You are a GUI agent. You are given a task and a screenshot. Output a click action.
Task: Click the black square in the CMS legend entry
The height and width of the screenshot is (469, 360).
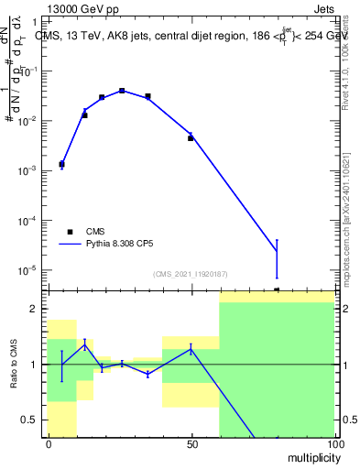(70, 232)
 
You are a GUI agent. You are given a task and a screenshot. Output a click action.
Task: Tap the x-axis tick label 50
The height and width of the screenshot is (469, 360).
(191, 443)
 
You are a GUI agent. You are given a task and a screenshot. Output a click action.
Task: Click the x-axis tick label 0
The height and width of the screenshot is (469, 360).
(48, 443)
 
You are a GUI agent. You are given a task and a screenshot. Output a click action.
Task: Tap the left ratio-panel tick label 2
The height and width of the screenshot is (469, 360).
(38, 309)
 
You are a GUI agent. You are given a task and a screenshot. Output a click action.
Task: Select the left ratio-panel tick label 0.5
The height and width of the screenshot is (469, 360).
(32, 420)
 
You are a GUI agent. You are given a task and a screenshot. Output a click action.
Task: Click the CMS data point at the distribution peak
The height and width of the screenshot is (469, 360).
(122, 91)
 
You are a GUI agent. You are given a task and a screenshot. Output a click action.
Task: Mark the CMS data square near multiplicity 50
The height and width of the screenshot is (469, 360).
(191, 138)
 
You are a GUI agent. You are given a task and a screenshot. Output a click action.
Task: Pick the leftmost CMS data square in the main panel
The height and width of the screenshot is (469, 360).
(61, 164)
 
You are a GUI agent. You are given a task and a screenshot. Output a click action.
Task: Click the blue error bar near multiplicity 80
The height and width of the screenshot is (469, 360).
(277, 258)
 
